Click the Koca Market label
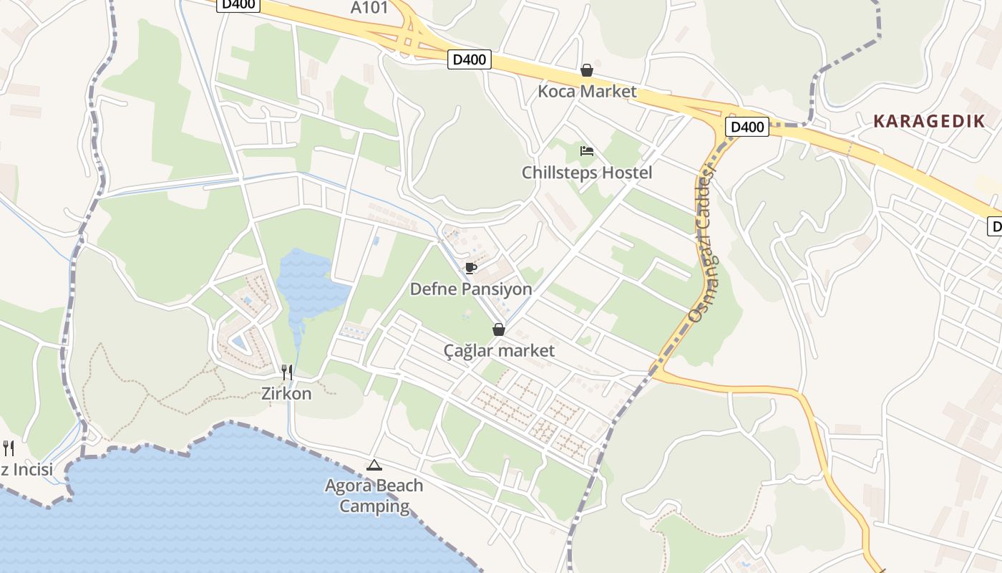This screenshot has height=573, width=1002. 587,92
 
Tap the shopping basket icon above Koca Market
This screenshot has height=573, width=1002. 587,70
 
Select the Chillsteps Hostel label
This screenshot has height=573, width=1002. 587,173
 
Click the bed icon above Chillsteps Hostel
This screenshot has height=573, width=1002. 587,151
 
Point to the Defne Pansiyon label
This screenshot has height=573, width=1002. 471,289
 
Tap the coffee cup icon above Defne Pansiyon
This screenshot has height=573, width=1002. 470,268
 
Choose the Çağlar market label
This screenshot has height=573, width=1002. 499,350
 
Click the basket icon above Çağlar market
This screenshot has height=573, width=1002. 498,329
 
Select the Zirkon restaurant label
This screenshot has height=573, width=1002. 286,393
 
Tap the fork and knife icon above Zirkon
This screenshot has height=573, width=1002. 286,372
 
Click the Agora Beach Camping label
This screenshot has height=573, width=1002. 374,496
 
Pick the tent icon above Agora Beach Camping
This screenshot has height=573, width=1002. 374,466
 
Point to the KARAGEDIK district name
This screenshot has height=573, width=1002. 929,121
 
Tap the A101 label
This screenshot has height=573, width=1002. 369,8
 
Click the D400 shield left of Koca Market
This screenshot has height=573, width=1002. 470,59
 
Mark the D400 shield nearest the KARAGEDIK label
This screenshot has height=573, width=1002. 746,127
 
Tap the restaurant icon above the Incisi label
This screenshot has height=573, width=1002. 9,448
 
